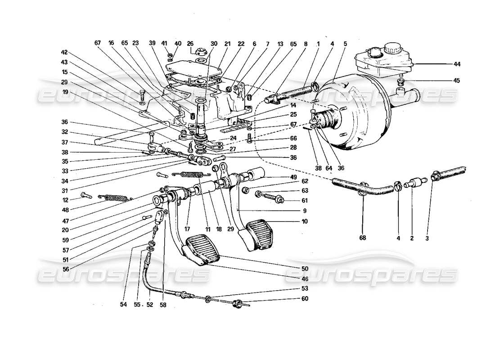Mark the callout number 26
[x=190, y=44]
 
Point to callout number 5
[x=345, y=44]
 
